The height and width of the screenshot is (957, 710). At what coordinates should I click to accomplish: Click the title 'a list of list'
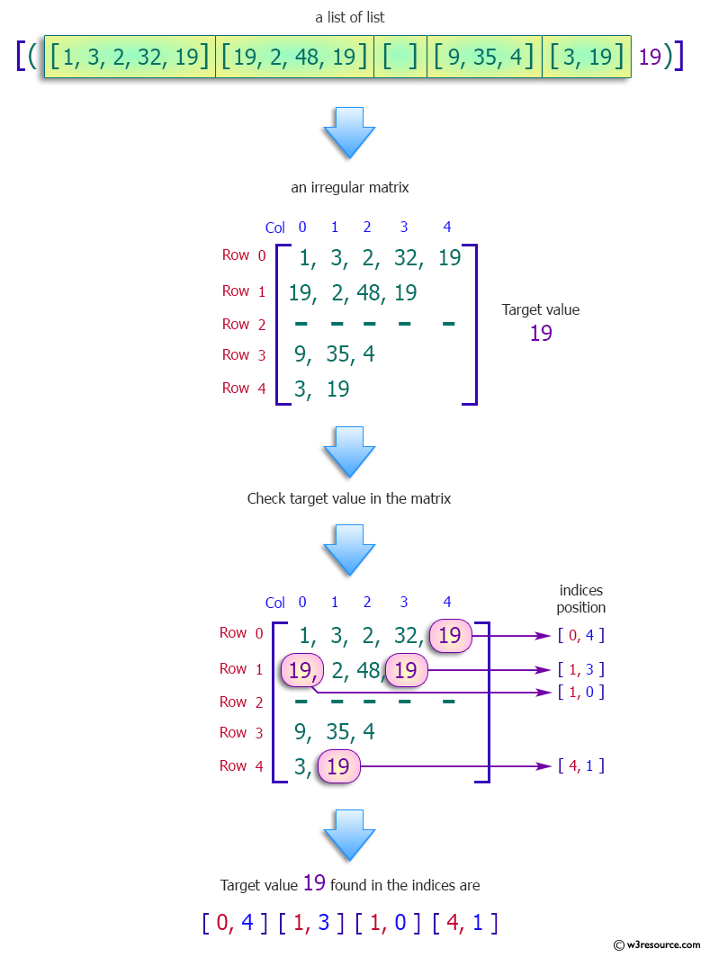(349, 17)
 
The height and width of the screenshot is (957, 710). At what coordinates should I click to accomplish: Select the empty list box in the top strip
(400, 57)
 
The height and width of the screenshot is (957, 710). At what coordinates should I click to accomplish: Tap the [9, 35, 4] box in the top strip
(484, 57)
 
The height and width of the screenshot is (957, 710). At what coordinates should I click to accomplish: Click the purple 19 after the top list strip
(650, 57)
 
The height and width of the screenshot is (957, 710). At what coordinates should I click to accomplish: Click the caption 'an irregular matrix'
(349, 188)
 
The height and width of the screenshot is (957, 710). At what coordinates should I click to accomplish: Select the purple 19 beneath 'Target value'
(541, 334)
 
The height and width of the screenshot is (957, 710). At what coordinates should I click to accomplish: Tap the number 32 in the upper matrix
(406, 259)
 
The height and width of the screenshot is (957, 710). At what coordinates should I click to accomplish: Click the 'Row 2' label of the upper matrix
(244, 324)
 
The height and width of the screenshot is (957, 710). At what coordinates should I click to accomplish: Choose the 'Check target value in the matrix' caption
(349, 498)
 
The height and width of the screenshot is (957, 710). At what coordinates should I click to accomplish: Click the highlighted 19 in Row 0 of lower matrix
(450, 636)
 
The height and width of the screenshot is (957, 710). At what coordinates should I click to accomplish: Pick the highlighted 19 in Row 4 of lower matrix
(338, 766)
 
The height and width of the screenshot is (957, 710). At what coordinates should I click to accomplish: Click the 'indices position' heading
(580, 599)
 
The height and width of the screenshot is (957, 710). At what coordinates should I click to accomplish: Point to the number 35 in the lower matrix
(338, 732)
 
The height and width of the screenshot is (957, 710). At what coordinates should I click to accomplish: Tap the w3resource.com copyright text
(657, 944)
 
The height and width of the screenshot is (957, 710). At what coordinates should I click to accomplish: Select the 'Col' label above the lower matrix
(275, 603)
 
